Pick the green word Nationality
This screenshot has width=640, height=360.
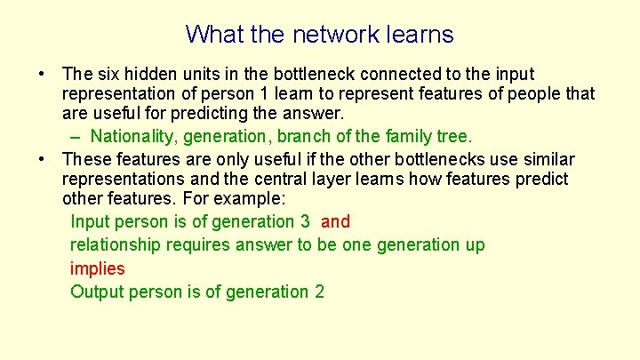[x=132, y=136]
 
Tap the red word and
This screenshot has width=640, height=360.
[x=335, y=221]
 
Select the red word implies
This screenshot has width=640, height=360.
[x=97, y=268]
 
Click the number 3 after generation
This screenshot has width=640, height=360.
[x=305, y=221]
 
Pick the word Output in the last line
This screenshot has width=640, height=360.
[x=97, y=292]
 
